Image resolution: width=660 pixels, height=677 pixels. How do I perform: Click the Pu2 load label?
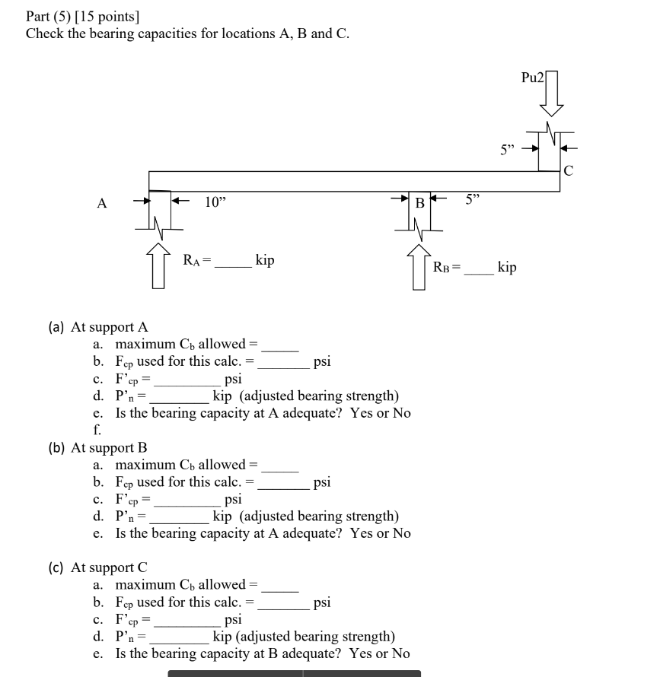[x=532, y=78]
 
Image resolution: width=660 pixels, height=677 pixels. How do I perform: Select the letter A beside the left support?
[x=102, y=203]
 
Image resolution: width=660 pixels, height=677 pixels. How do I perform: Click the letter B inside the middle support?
[x=419, y=204]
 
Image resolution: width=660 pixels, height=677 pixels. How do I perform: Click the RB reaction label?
[x=445, y=268]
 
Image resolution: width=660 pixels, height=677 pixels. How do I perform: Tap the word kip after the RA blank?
[x=265, y=260]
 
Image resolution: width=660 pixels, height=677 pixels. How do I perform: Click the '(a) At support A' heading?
[x=98, y=327]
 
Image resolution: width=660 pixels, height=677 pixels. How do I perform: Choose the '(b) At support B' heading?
[x=98, y=447]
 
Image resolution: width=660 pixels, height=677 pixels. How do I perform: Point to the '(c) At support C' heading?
[x=98, y=567]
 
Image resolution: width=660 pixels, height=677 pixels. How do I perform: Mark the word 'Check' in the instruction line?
[x=44, y=33]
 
